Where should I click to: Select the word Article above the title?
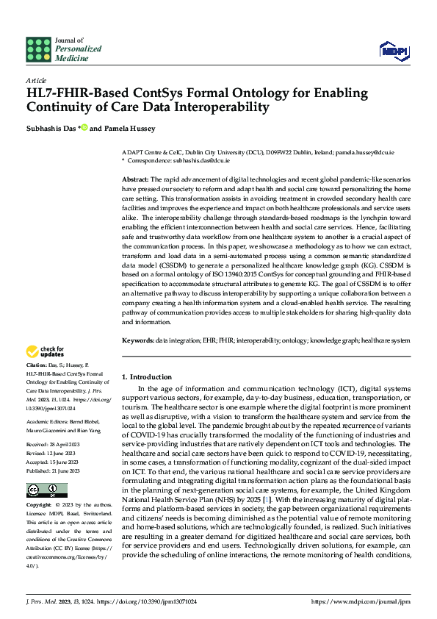click(36, 80)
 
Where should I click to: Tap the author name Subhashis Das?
click(51, 128)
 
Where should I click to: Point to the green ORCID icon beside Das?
click(84, 127)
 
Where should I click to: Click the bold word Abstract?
click(135, 179)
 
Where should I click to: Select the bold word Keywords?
click(138, 340)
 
